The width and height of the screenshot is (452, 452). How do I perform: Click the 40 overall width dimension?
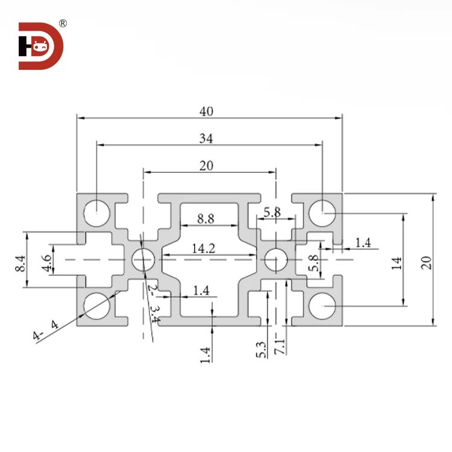(207, 111)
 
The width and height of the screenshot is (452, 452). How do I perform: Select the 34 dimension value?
(206, 139)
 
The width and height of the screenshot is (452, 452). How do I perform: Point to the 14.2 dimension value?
(203, 248)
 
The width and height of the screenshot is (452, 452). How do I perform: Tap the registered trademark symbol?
(63, 24)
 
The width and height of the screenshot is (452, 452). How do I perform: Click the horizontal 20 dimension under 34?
(207, 166)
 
